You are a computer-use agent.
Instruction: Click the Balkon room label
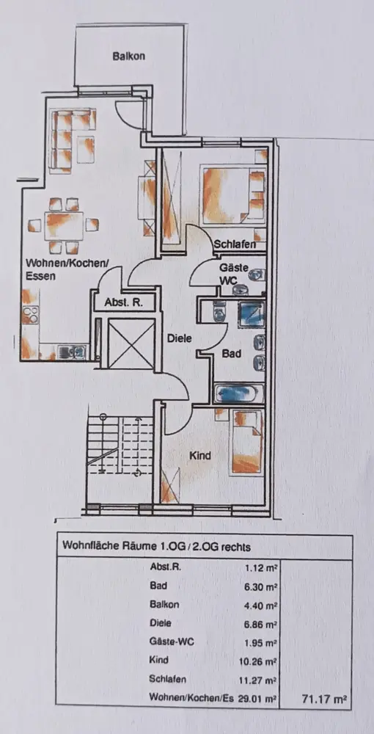point(128,57)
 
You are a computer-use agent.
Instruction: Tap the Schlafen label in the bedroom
point(235,244)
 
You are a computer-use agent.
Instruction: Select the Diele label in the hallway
point(180,338)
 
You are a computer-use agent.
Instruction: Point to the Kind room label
point(200,455)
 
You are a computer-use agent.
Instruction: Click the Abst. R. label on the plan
point(123,302)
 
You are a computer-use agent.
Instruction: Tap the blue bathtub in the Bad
point(238,393)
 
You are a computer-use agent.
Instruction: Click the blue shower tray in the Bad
point(252,312)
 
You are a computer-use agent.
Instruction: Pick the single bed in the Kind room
point(246,442)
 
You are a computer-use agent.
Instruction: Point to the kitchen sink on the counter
point(72,350)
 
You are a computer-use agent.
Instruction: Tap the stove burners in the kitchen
point(30,314)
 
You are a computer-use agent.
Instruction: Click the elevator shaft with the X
point(131,344)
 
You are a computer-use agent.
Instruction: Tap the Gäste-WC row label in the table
point(172,642)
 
